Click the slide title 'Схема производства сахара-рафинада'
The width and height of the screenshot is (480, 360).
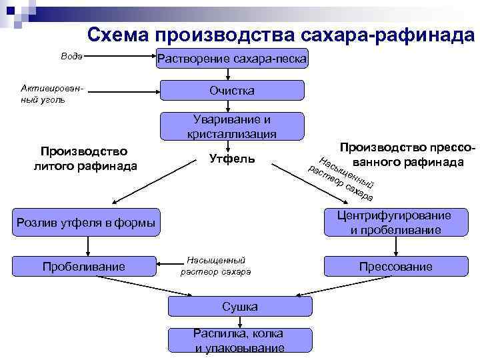[x=280, y=35]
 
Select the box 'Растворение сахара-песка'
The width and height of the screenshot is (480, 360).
[x=232, y=59]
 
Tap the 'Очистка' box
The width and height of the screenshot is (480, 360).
[x=232, y=90]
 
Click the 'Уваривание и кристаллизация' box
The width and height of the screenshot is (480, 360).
[x=232, y=126]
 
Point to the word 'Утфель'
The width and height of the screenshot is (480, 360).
[x=231, y=159]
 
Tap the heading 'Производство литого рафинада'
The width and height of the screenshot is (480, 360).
[x=84, y=159]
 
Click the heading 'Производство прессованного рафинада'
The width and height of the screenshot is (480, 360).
[x=408, y=154]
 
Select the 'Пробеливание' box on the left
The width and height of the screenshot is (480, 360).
[x=84, y=267]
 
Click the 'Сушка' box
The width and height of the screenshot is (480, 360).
[x=239, y=306]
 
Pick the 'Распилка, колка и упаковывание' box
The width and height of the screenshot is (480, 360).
[x=239, y=340]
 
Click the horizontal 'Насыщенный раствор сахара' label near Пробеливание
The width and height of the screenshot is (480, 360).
[x=216, y=266]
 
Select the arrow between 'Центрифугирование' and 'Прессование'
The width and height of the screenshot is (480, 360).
[x=396, y=245]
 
